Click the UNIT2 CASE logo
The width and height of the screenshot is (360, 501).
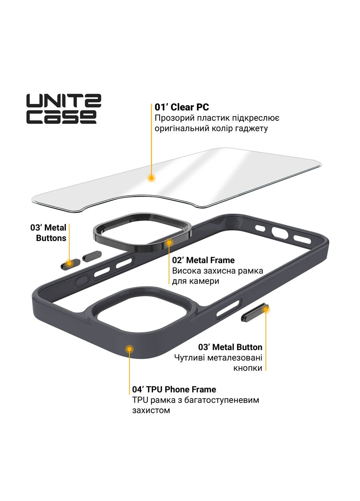(64, 109)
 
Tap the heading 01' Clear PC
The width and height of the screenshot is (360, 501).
(182, 107)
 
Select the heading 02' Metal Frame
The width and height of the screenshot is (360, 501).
(203, 260)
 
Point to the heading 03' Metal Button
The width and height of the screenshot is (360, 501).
(230, 347)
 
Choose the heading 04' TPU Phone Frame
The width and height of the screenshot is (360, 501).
(174, 389)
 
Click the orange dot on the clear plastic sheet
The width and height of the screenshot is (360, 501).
(151, 178)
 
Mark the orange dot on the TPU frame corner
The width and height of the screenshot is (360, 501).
(129, 349)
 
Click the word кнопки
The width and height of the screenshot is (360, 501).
(248, 368)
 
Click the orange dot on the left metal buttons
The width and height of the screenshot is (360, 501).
(69, 263)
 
